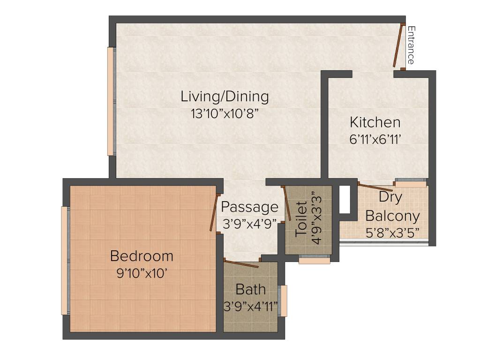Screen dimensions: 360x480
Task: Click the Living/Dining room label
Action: pyautogui.click(x=225, y=97)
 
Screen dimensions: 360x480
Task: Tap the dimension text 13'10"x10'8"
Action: pyautogui.click(x=225, y=114)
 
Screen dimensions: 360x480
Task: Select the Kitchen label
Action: pyautogui.click(x=375, y=122)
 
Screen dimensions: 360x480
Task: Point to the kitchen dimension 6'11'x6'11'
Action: pyautogui.click(x=375, y=139)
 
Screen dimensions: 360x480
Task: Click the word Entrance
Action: pyautogui.click(x=411, y=45)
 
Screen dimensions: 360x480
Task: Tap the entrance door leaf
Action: pyautogui.click(x=398, y=45)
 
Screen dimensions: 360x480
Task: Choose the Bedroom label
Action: pyautogui.click(x=142, y=256)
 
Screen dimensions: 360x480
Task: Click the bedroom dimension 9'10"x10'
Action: pyautogui.click(x=142, y=273)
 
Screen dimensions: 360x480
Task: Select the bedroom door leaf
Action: pyautogui.click(x=214, y=213)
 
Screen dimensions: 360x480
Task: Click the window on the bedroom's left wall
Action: pyautogui.click(x=64, y=260)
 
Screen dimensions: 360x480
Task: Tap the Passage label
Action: pyautogui.click(x=249, y=207)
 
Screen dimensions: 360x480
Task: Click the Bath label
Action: pyautogui.click(x=250, y=289)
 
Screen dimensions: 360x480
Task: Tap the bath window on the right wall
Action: pyautogui.click(x=283, y=300)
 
